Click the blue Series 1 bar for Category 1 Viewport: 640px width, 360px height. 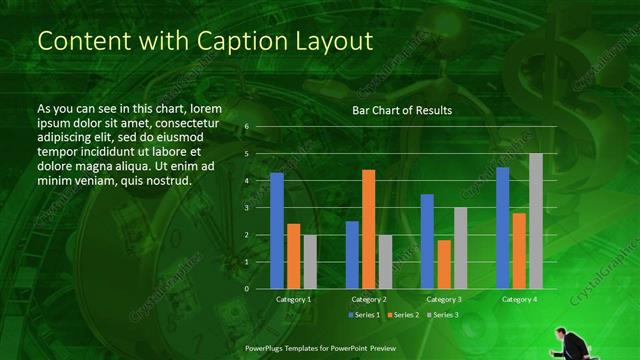pyautogui.click(x=277, y=231)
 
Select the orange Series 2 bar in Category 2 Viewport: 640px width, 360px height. pyautogui.click(x=368, y=229)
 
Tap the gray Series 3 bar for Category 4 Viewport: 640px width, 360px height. pyautogui.click(x=536, y=221)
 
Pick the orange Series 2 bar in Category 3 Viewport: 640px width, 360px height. pyautogui.click(x=443, y=264)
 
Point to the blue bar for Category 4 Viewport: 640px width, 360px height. pyautogui.click(x=503, y=228)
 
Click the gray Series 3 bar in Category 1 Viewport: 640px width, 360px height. pyautogui.click(x=310, y=262)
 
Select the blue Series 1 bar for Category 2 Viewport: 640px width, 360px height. pyautogui.click(x=352, y=255)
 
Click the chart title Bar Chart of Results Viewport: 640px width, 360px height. pyautogui.click(x=402, y=111)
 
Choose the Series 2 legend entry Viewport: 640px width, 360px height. pyautogui.click(x=402, y=315)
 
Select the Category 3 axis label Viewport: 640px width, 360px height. pyautogui.click(x=444, y=299)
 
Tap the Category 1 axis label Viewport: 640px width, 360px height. pyautogui.click(x=293, y=299)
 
